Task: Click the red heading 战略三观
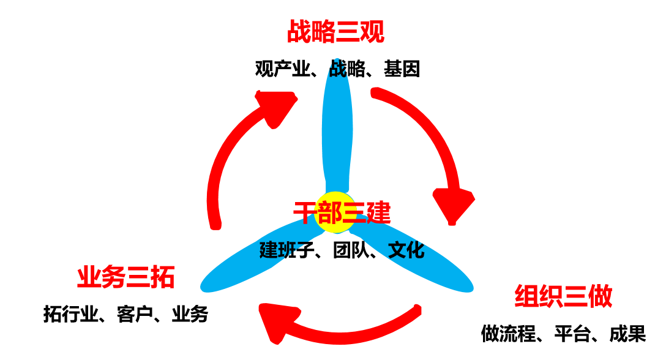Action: point(335,32)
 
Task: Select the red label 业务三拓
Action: point(126,278)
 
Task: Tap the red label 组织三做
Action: point(563,297)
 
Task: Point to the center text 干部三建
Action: point(342,213)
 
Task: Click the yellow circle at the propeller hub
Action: point(335,214)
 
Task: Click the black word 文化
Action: point(406,250)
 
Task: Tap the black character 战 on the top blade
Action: point(337,69)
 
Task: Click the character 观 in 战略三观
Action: point(372,32)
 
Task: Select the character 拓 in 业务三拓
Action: point(163,278)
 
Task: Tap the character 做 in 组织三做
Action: point(600,297)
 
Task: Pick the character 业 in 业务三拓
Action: point(89,278)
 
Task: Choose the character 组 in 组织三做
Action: point(526,297)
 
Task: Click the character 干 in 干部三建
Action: point(305,213)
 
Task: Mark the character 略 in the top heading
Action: point(323,32)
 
